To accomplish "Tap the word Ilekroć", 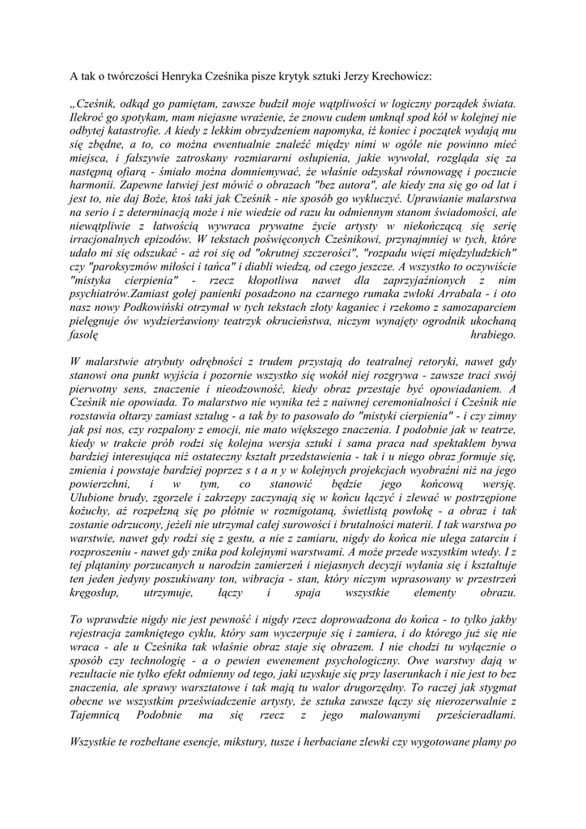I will click(90, 117).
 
